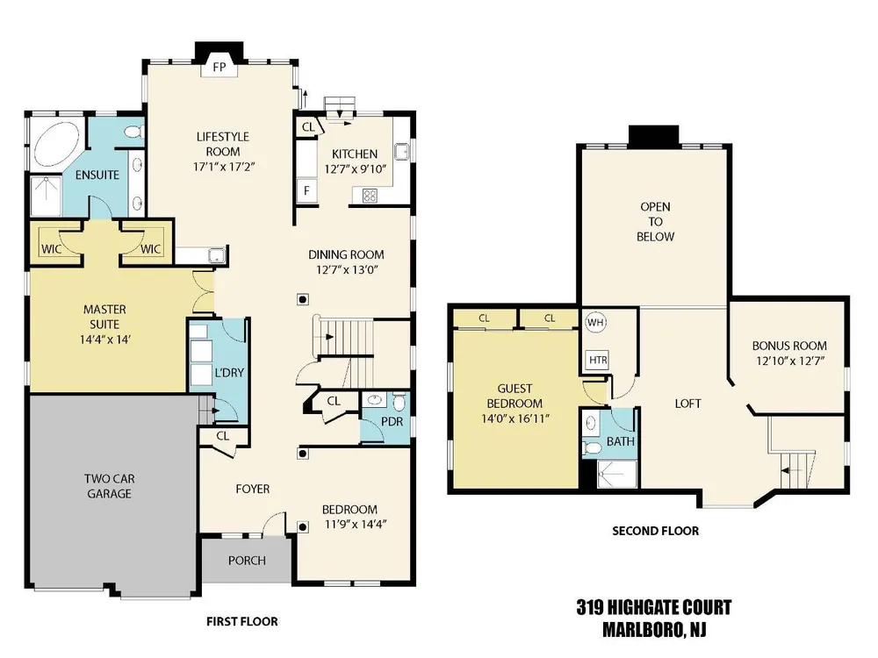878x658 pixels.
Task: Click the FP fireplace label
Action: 219,68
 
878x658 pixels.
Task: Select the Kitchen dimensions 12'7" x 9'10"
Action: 356,169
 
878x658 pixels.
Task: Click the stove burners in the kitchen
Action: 370,196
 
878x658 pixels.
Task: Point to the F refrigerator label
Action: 306,190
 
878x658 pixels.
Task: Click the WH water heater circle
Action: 595,322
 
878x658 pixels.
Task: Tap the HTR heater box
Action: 598,360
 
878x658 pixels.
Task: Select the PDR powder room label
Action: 392,421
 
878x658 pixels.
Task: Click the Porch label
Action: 247,560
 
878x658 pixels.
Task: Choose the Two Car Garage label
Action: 109,486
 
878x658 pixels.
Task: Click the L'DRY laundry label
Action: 229,373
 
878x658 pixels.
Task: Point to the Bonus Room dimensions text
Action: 790,361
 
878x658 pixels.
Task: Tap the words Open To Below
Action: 655,222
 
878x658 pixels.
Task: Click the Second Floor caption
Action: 655,531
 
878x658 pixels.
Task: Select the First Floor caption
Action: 242,621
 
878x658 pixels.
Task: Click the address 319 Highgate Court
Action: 654,608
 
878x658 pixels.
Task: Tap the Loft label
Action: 687,404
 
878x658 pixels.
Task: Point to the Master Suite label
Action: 104,317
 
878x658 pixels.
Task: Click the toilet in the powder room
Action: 399,402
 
